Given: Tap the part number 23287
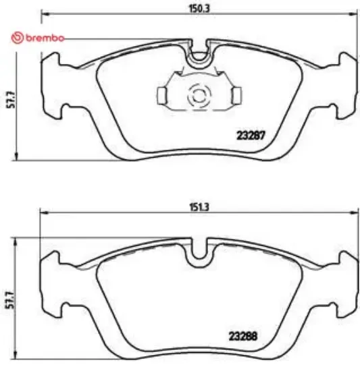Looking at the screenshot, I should click(x=249, y=134).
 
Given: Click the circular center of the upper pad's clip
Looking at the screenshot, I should click(x=199, y=95).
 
